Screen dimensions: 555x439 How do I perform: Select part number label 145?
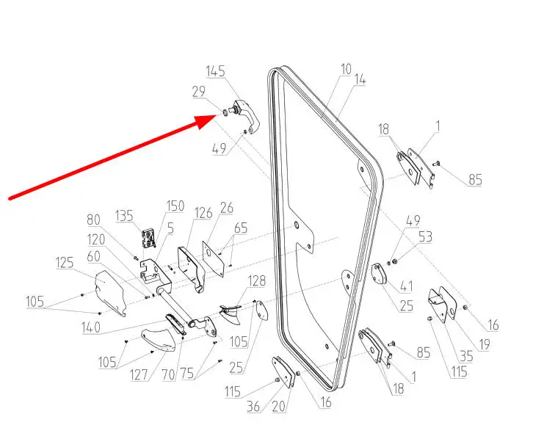215,72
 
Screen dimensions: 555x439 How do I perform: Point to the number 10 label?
346,70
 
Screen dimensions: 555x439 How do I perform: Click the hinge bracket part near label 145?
242,116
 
